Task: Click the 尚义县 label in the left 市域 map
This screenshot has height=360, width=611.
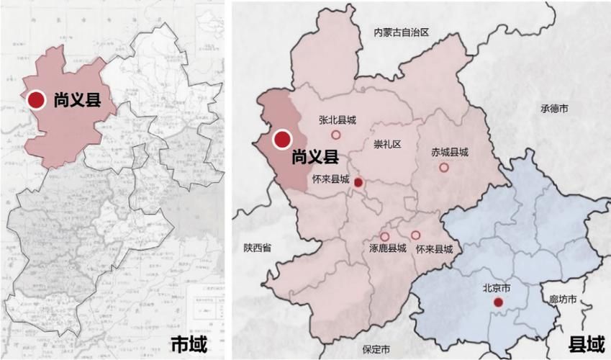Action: coord(77,100)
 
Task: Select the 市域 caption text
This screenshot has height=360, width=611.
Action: coord(193,344)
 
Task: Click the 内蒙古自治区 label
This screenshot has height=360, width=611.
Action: coord(401,32)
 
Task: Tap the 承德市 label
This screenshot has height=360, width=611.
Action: coord(554,109)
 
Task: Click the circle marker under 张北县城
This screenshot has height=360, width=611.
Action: coord(335,135)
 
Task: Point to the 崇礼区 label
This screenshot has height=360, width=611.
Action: coord(386,144)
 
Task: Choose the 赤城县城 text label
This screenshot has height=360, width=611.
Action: coord(450,153)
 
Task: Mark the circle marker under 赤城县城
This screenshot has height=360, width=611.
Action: coord(444,167)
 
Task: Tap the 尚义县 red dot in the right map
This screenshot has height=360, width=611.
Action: coord(281,138)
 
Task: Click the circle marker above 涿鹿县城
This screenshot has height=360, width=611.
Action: coord(385,236)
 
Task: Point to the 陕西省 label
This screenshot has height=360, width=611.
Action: coord(257,248)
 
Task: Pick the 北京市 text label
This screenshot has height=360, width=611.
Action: coord(497,288)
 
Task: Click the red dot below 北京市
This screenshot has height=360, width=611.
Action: coord(498,302)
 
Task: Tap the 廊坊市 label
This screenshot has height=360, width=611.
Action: coord(563,299)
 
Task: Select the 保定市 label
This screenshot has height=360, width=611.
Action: coord(376,349)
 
